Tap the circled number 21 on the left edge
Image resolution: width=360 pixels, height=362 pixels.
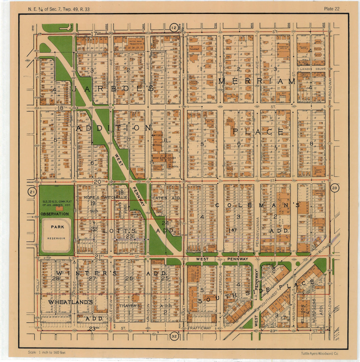tap(31, 192)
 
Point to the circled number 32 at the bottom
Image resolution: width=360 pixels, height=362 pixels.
tap(174, 336)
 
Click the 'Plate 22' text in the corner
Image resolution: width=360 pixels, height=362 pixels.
tap(332, 9)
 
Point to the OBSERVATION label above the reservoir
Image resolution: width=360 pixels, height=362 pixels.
tap(55, 214)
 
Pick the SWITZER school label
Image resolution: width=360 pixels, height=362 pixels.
tap(157, 136)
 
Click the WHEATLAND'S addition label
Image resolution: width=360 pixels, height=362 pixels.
tap(70, 302)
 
